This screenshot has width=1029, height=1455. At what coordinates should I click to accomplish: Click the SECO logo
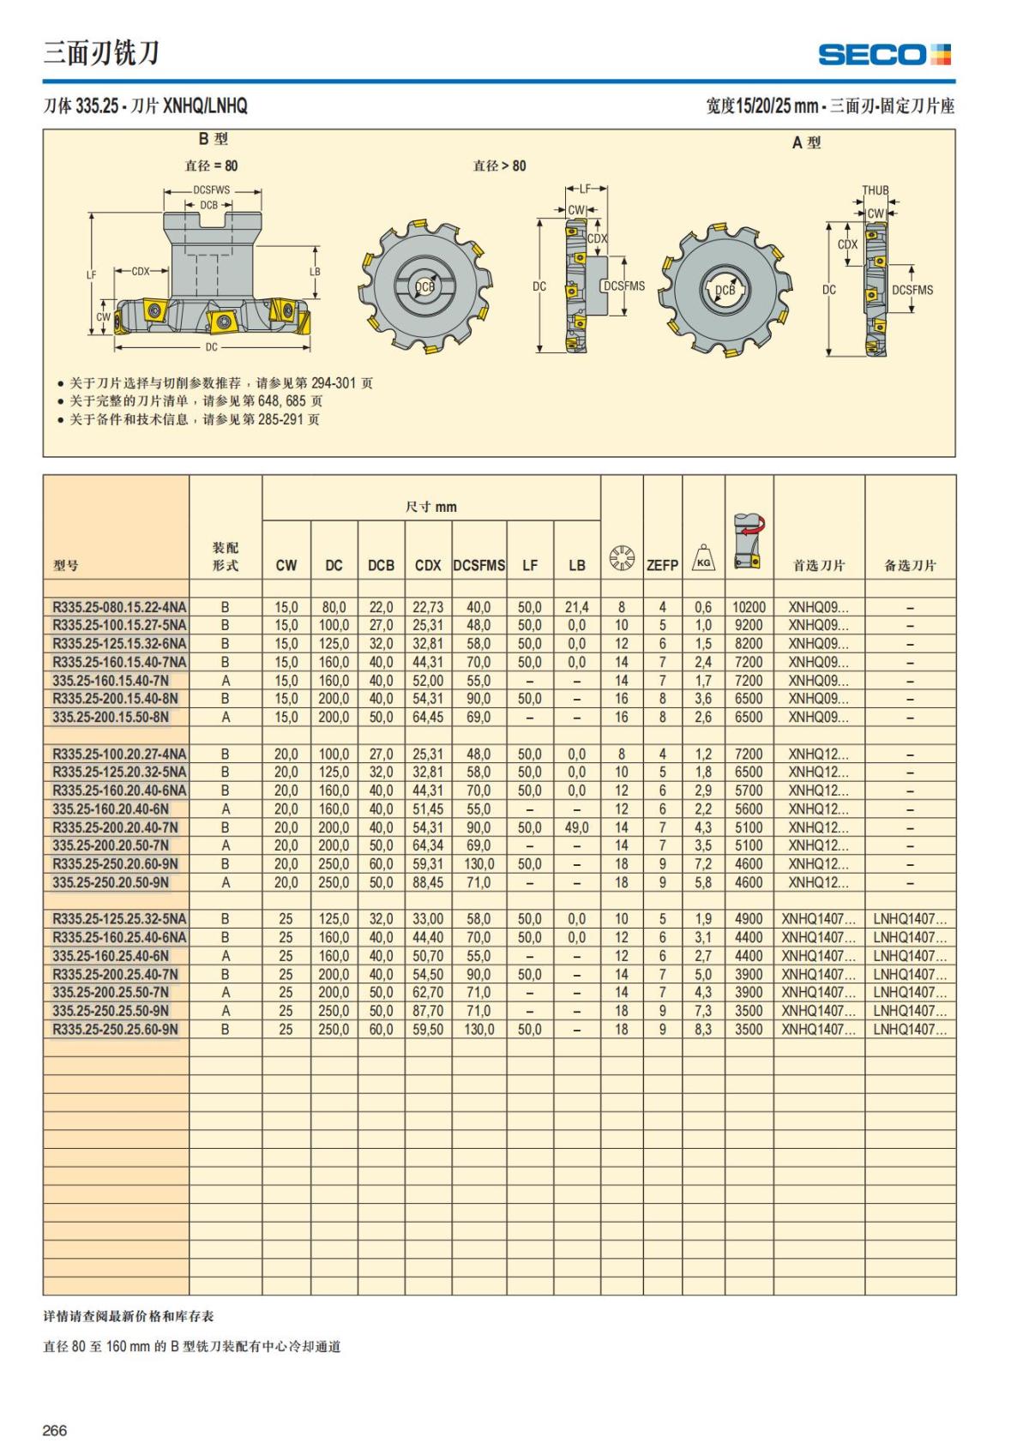[884, 55]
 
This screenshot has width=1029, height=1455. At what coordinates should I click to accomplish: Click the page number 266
[55, 1430]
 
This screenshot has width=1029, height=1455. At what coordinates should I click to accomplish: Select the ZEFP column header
[662, 565]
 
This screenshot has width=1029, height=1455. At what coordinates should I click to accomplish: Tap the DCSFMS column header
[478, 565]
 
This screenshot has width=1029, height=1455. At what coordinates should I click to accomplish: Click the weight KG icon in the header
[703, 558]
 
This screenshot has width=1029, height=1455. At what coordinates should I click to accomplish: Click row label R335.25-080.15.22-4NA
[119, 607]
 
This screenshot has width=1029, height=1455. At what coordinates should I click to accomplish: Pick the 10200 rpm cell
[749, 607]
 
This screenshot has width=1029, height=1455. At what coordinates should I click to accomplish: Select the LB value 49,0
[576, 827]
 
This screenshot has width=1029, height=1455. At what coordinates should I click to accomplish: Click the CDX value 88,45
[428, 882]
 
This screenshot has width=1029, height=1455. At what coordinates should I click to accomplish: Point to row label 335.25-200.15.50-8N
[111, 717]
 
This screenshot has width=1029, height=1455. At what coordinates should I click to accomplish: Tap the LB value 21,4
[576, 607]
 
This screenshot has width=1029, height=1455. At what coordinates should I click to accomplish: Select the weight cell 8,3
[703, 1029]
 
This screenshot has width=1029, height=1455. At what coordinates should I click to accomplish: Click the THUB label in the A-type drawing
[875, 190]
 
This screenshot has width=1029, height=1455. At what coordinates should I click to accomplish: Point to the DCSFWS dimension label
[211, 190]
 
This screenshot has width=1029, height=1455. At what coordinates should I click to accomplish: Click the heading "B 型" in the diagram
[213, 139]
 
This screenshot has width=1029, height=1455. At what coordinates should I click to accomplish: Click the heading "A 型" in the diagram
[806, 143]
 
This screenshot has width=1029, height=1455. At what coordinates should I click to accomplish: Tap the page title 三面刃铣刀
[101, 53]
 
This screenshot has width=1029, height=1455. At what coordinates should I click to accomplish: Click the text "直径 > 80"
[499, 165]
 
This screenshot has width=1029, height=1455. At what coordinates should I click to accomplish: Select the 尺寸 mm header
[430, 507]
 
